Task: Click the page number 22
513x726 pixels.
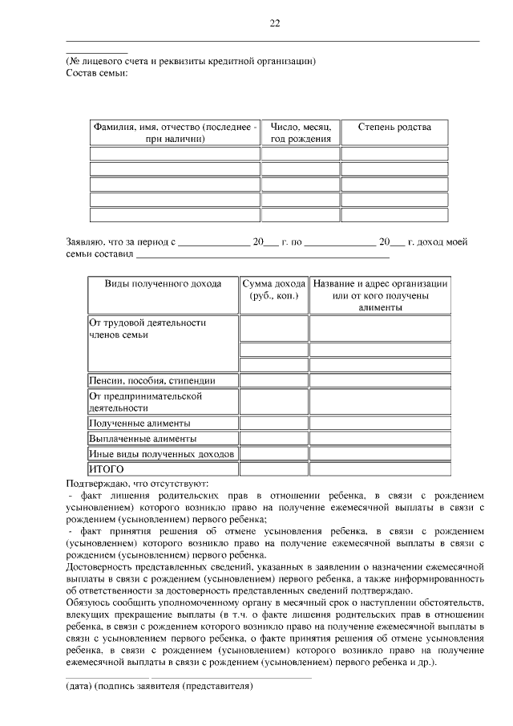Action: pyautogui.click(x=274, y=23)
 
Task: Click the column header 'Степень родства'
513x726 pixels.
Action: pyautogui.click(x=394, y=128)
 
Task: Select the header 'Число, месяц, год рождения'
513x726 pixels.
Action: pyautogui.click(x=301, y=133)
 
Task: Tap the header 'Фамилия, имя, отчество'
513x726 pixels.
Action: pyautogui.click(x=175, y=133)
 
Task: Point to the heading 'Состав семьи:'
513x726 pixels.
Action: pyautogui.click(x=96, y=74)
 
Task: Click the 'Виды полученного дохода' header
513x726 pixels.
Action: pyautogui.click(x=163, y=284)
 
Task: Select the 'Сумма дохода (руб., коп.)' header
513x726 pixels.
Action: pyautogui.click(x=274, y=290)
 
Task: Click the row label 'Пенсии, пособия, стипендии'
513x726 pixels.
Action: pyautogui.click(x=163, y=380)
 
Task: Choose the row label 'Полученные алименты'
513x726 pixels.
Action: pyautogui.click(x=140, y=423)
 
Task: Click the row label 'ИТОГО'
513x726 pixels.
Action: pyautogui.click(x=106, y=468)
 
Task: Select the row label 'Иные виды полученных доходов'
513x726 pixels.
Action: pyautogui.click(x=162, y=454)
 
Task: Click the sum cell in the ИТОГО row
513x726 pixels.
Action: pyautogui.click(x=274, y=468)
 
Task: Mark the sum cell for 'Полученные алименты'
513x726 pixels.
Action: pyautogui.click(x=274, y=423)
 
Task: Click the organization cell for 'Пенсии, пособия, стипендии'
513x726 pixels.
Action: pyautogui.click(x=380, y=380)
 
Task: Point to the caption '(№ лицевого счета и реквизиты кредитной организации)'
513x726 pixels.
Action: pyautogui.click(x=191, y=61)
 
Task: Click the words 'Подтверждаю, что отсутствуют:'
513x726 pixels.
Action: pyautogui.click(x=137, y=484)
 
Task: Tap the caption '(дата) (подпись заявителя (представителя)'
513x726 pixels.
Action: pyautogui.click(x=159, y=687)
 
